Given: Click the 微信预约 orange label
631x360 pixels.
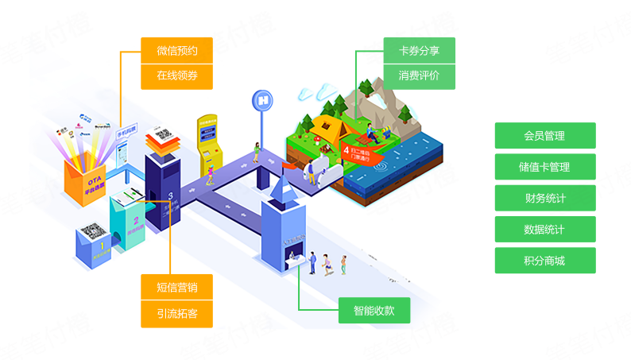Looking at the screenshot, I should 176,51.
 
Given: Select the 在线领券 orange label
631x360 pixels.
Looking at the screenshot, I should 176,76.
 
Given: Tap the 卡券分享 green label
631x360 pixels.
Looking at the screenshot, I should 419,51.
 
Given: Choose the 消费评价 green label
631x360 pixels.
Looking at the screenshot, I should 419,76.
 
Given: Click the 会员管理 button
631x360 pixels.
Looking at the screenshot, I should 544,136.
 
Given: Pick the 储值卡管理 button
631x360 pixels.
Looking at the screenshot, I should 544,167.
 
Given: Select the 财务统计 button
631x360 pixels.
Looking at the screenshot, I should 544,198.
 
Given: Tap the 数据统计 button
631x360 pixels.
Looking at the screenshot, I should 544,230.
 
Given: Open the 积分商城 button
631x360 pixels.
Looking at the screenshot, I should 544,261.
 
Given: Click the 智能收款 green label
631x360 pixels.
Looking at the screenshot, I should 374,311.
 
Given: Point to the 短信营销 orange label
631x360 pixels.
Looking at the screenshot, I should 176,287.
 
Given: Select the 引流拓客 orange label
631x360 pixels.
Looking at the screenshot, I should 176,313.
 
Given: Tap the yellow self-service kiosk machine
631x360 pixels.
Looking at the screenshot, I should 210,143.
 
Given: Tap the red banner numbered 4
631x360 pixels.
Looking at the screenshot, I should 357,152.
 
